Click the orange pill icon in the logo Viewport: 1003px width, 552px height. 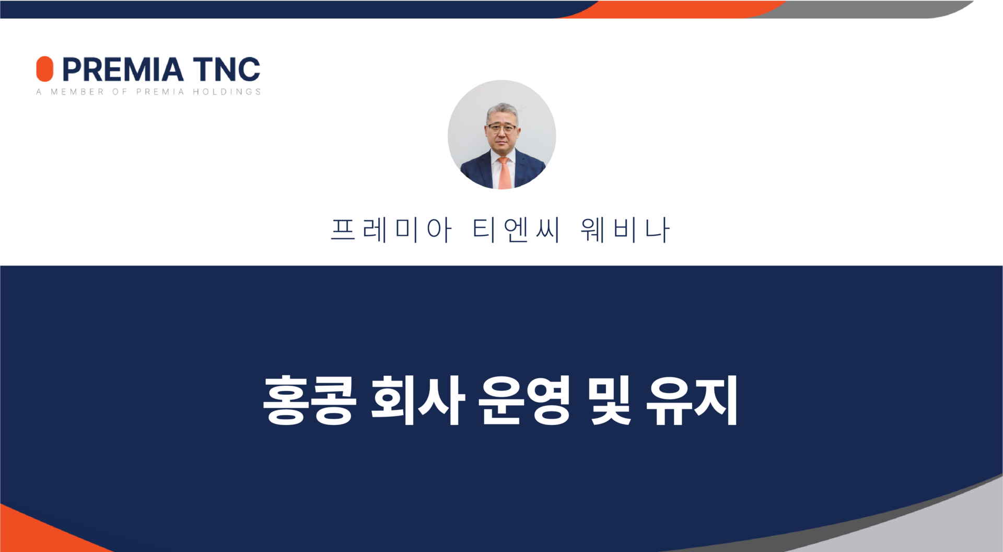coord(44,69)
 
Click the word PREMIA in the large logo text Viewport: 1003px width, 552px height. coord(123,70)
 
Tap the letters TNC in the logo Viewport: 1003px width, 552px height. coord(227,70)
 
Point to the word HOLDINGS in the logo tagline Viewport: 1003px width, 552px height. coord(227,92)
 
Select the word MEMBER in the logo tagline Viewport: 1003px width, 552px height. coord(77,92)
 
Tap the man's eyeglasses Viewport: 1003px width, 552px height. coord(502,128)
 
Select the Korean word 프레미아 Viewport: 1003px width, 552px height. coord(391,230)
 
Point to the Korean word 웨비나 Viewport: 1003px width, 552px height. coord(625,230)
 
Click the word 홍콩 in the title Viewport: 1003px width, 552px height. coord(309,400)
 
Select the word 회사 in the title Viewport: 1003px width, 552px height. coord(418,400)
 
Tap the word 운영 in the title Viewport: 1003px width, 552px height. coord(525,400)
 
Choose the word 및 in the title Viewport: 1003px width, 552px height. coord(610,400)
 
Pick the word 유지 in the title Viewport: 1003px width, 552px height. coord(692,400)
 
